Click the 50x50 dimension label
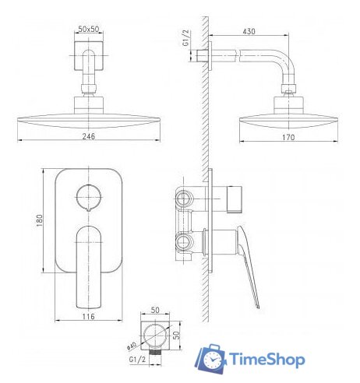(x=89, y=29)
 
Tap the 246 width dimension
(x=89, y=136)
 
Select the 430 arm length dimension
(x=249, y=31)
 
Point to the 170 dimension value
(x=288, y=137)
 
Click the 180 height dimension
(x=39, y=220)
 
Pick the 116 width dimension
(x=89, y=316)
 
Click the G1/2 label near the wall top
(x=186, y=38)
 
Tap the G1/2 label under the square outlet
(x=137, y=360)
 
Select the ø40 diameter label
(x=132, y=346)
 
